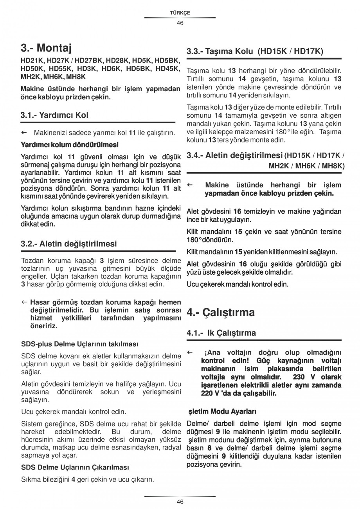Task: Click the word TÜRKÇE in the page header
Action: [x=180, y=13]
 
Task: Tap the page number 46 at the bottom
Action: [x=180, y=502]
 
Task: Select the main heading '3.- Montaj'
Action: [x=46, y=49]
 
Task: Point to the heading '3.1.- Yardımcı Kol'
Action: [x=54, y=115]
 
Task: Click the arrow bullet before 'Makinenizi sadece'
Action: [x=23, y=133]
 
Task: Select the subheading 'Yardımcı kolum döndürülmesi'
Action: [x=69, y=145]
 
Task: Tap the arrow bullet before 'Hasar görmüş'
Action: [x=24, y=302]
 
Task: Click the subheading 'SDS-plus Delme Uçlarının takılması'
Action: [x=79, y=344]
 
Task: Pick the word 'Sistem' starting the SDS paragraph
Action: [x=30, y=424]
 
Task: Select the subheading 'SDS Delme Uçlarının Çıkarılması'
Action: [x=75, y=467]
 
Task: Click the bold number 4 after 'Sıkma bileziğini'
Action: [x=73, y=479]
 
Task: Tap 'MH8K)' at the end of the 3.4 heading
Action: [x=333, y=165]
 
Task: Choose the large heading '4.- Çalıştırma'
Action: [x=221, y=312]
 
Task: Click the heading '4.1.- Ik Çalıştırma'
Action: [x=221, y=333]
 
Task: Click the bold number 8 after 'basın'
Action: [x=210, y=448]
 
